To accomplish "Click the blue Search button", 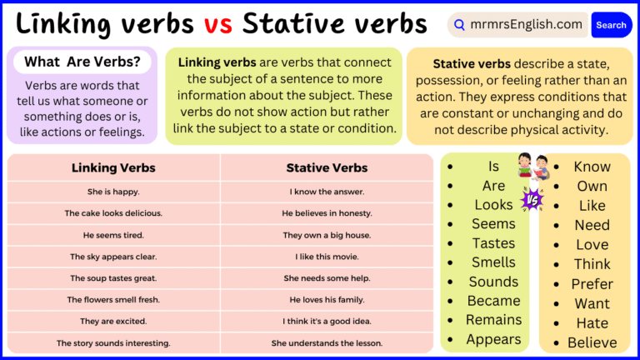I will point(611,25).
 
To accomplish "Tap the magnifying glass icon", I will point(460,25).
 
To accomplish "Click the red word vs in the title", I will point(218,23).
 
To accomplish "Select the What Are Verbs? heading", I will point(82,62).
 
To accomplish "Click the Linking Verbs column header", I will point(113,167).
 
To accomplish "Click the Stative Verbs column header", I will point(327,167).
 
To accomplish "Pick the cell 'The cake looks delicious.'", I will point(113,213).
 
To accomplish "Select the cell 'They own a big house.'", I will point(327,235).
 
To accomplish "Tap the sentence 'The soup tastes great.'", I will point(113,278).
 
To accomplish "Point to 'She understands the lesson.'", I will point(327,342).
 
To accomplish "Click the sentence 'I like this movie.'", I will point(327,257).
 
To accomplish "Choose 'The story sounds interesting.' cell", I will point(113,342).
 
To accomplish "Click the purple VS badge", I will point(531,199).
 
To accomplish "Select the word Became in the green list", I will point(493,301).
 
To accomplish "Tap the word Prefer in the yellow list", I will point(592,284).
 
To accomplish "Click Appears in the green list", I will point(493,339).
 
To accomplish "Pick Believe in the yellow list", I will point(592,342).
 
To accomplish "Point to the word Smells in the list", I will point(493,262).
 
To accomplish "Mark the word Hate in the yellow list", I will point(592,323).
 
